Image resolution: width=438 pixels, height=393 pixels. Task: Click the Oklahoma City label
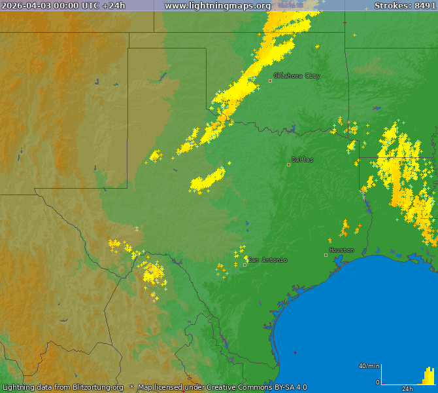pos(298,76)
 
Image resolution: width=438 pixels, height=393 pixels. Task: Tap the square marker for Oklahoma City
pos(271,81)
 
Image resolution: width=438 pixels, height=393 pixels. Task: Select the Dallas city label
pos(303,160)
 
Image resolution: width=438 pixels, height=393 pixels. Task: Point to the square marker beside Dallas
pos(288,164)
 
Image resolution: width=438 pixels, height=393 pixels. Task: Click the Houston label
pos(342,250)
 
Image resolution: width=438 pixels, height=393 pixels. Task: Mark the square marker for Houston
pos(326,255)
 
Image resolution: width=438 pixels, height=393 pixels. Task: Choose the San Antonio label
pos(267,260)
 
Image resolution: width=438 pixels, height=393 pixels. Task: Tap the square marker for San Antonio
pos(244,265)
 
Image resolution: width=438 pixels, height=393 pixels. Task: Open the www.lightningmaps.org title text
pos(218,5)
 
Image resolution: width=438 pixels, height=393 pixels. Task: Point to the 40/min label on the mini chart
pos(369,365)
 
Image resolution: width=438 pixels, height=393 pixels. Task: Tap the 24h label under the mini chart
pos(407,388)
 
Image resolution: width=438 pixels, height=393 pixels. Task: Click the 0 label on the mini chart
pos(377,382)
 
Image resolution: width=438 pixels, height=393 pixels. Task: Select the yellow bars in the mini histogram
pos(428,377)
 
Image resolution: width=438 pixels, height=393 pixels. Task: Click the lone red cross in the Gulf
pos(295,353)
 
